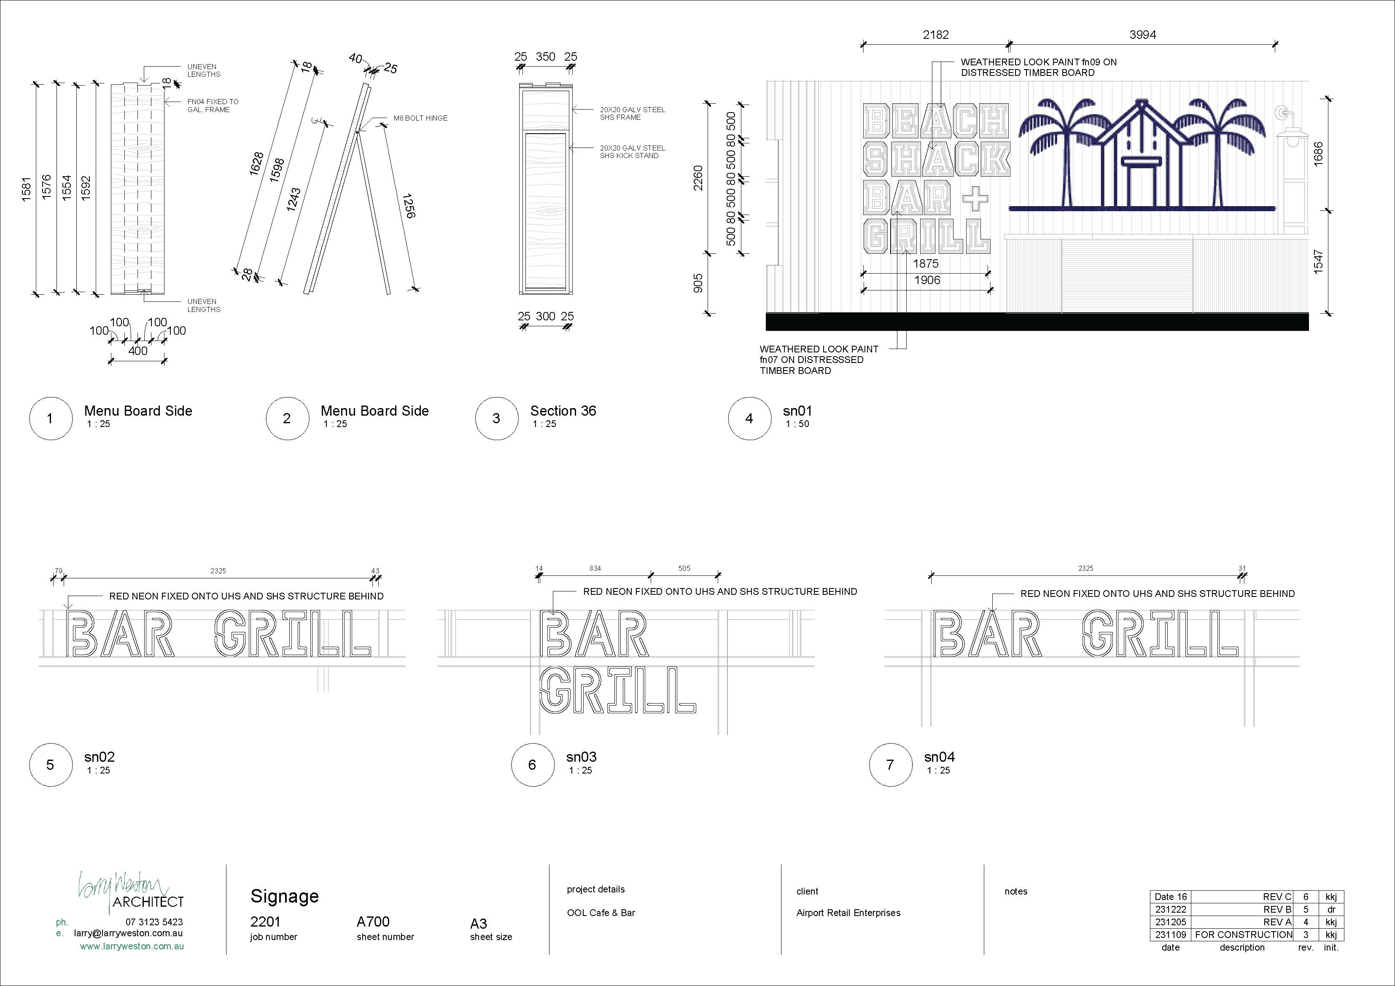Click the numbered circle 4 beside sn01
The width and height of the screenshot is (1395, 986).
749,418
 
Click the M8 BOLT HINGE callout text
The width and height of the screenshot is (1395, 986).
420,118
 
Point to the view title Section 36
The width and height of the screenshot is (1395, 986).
563,411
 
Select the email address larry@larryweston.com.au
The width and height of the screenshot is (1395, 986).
128,934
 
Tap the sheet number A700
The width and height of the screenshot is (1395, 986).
373,922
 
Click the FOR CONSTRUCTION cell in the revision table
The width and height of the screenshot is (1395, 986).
1244,935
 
